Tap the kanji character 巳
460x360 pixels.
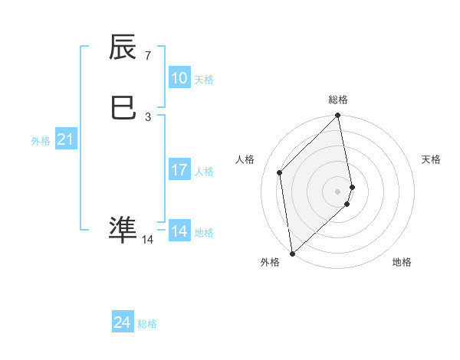[x=123, y=108]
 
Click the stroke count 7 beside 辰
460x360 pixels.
[x=147, y=56]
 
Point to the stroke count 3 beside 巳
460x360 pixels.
[x=147, y=116]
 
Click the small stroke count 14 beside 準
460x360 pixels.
[x=147, y=240]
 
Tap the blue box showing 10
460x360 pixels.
[x=179, y=78]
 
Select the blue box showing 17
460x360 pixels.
[x=179, y=170]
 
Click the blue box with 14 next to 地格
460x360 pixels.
[x=179, y=231]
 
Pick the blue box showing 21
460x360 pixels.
[x=65, y=139]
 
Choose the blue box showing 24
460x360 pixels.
[x=122, y=323]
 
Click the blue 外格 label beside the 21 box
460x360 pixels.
[x=41, y=141]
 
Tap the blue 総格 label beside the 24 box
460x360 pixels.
[x=147, y=325]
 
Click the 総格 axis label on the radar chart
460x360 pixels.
[x=338, y=100]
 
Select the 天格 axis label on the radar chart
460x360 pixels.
[x=431, y=159]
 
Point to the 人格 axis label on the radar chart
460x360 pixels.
[x=245, y=159]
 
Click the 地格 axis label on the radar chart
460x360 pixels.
[x=402, y=263]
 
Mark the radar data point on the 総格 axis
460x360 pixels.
[x=338, y=116]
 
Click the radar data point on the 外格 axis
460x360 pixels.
[x=292, y=253]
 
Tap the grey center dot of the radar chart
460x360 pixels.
[x=338, y=190]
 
